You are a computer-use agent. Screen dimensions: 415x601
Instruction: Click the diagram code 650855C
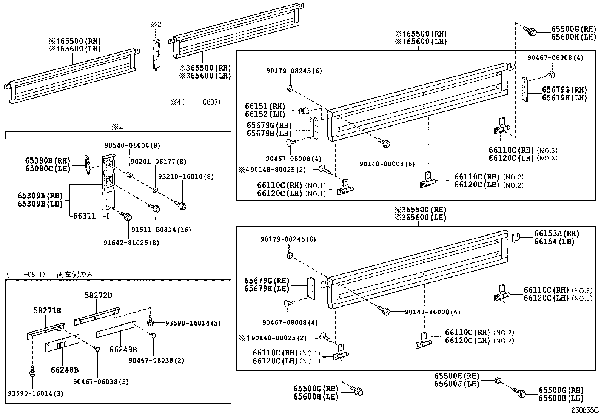tap(585, 410)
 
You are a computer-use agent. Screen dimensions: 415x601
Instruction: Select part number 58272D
tap(98, 295)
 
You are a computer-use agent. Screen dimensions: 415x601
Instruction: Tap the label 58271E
tap(47, 311)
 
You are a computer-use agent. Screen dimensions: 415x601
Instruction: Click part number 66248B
tap(65, 370)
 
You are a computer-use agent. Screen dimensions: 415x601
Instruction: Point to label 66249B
tap(123, 350)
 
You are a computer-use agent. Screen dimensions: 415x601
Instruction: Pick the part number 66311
tap(85, 216)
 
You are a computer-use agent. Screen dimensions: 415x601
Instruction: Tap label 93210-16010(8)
tap(186, 176)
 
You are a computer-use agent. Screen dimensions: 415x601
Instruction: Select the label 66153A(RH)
tap(556, 234)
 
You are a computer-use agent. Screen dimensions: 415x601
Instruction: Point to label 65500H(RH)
tap(456, 376)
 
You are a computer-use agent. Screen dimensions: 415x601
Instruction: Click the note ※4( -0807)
tap(195, 102)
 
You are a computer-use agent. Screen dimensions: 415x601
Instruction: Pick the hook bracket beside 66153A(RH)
tap(516, 238)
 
